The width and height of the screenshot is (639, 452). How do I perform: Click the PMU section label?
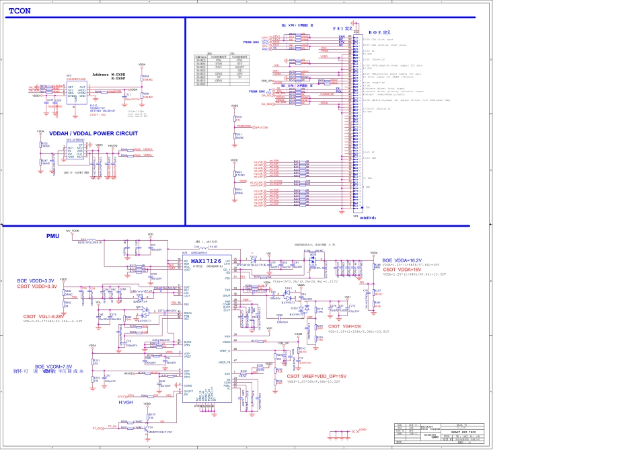coord(53,237)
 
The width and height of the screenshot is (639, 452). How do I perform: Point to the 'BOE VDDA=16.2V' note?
coord(402,260)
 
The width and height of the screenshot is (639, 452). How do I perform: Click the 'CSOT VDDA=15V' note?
coord(403,269)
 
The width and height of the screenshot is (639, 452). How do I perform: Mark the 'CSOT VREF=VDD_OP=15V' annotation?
coord(316,376)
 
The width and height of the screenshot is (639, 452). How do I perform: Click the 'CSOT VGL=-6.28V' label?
coord(44,316)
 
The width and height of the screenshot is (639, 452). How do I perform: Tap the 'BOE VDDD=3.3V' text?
coord(36,280)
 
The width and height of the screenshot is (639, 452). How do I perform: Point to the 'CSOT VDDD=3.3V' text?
coord(38,287)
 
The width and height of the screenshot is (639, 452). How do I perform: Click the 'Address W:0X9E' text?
coord(109,74)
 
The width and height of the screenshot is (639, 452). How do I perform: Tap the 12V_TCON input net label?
coord(72,231)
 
